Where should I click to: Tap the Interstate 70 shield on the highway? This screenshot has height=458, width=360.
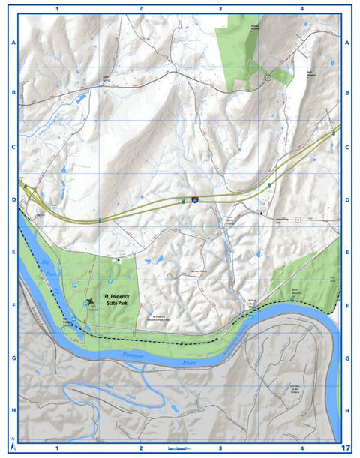click(194, 200)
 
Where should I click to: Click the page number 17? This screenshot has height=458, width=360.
click(346, 448)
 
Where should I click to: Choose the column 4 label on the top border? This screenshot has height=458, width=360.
click(301, 8)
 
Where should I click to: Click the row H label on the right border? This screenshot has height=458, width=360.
click(347, 412)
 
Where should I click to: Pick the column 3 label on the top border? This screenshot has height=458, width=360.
click(220, 8)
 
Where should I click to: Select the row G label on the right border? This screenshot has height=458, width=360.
click(347, 358)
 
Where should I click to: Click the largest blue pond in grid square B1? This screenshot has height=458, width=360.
click(80, 99)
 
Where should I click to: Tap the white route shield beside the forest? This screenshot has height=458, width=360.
click(266, 76)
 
